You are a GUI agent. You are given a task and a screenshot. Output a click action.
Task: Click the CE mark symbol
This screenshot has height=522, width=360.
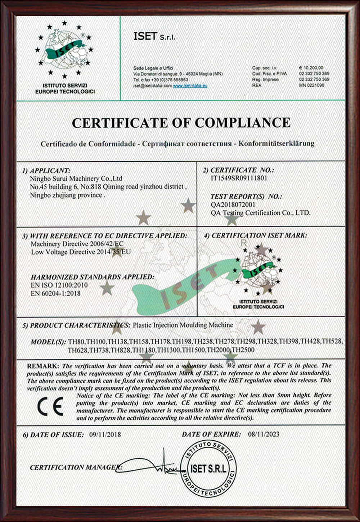[x=50, y=406]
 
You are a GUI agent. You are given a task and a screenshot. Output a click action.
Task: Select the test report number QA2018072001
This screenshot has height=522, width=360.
[x=233, y=204]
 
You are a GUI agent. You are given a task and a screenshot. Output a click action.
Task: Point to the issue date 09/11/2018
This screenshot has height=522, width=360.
[x=105, y=434]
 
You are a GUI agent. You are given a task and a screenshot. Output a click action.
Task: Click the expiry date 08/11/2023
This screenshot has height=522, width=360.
[x=264, y=434]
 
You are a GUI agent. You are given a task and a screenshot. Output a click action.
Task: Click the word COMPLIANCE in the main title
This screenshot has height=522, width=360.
[x=243, y=123]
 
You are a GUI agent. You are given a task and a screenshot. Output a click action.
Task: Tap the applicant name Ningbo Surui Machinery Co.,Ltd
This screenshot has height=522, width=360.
[x=76, y=179]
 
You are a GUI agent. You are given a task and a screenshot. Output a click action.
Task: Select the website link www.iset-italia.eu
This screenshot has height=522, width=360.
[x=190, y=86]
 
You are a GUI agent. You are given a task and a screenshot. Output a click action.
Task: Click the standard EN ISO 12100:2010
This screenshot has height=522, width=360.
[x=59, y=285]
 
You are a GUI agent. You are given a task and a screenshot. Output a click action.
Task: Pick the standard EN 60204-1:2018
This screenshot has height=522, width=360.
[x=56, y=293]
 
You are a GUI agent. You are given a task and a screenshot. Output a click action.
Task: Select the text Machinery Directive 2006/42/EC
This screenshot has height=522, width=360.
[x=77, y=244]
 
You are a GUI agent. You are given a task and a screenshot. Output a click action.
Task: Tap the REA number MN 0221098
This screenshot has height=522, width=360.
[x=311, y=85]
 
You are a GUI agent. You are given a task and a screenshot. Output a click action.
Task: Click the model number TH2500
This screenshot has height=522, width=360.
[x=243, y=350]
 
